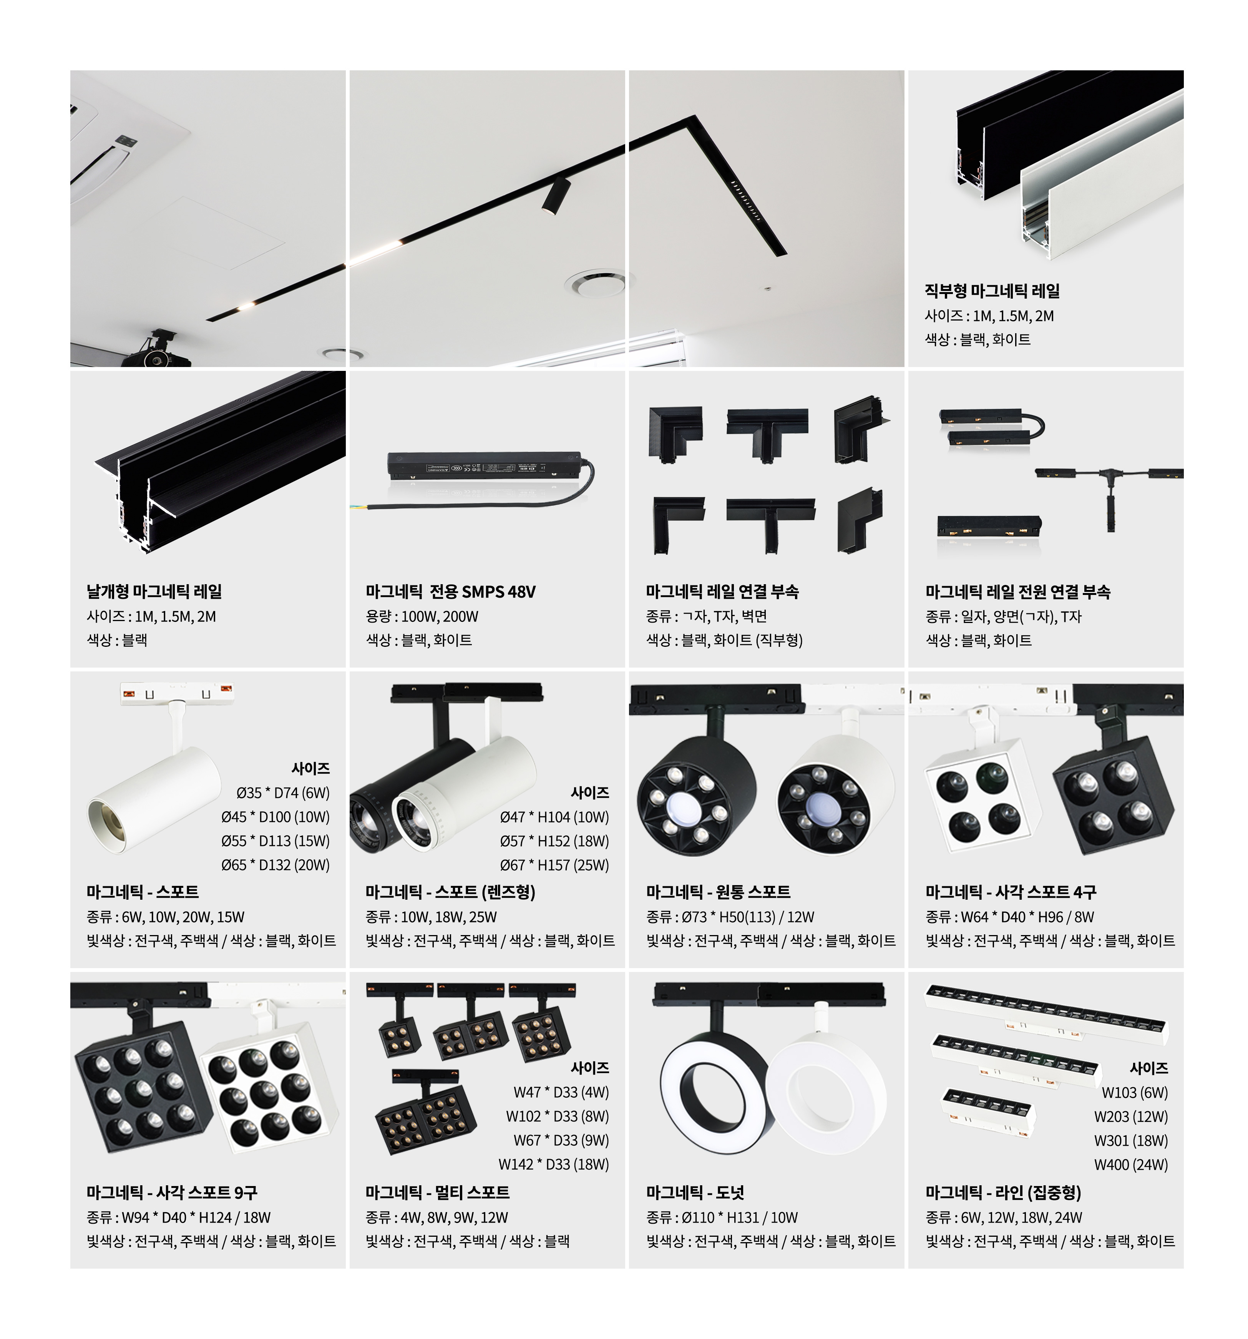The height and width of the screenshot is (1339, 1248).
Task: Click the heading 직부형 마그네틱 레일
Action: click(x=992, y=291)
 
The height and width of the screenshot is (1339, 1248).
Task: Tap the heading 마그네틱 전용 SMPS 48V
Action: click(x=451, y=591)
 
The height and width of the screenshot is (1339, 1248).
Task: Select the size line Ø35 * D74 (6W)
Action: click(x=283, y=793)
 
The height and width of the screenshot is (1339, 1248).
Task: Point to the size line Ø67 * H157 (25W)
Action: click(x=554, y=865)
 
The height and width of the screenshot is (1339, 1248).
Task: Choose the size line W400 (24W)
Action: click(x=1131, y=1165)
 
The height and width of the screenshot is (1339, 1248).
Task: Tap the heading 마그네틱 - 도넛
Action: click(x=695, y=1192)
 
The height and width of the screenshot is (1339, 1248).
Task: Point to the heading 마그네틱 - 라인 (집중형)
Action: click(x=1003, y=1192)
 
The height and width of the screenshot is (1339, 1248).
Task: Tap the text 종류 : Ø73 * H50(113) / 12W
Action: click(x=730, y=917)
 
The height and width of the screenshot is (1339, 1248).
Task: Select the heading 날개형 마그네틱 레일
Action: click(x=154, y=591)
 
